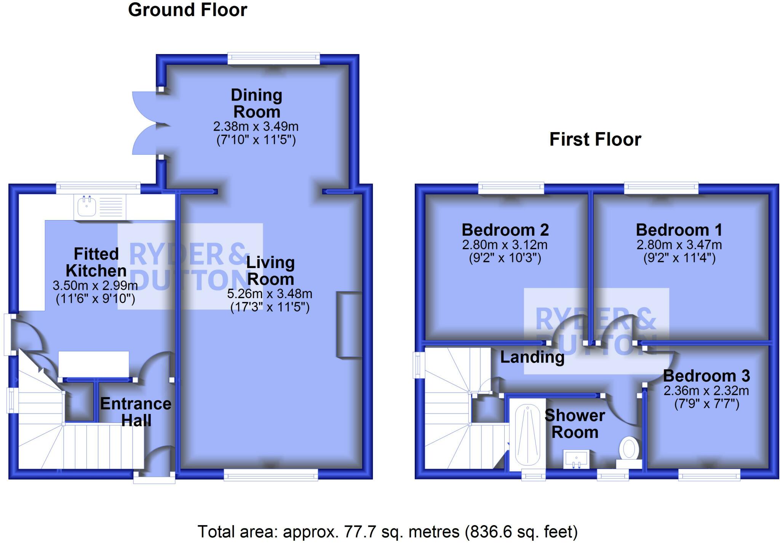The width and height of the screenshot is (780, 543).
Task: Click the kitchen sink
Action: point(100,207)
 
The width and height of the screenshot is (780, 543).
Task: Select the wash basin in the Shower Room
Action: point(577,458)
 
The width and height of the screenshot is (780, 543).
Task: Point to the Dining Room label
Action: point(257,103)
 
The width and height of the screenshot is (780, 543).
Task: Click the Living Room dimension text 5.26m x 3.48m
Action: point(270,294)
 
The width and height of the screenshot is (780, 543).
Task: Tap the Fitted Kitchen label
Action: point(96,262)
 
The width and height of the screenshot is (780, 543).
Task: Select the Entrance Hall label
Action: point(136,412)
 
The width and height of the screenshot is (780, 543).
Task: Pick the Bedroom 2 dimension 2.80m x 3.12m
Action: point(505,244)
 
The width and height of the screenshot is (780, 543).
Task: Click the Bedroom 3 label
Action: point(706,376)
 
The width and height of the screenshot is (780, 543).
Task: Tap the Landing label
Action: point(532,357)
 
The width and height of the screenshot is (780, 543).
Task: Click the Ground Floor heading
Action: point(188,10)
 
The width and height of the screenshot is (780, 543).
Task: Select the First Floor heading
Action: point(595,139)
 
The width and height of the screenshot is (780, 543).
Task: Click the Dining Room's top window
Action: point(274,58)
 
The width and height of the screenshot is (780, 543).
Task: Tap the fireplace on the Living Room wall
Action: point(349,324)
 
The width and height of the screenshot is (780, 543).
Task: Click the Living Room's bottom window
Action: point(271,474)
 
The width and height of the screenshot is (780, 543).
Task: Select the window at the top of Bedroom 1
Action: point(661,188)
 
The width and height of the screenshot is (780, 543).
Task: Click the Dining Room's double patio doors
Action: point(147,123)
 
